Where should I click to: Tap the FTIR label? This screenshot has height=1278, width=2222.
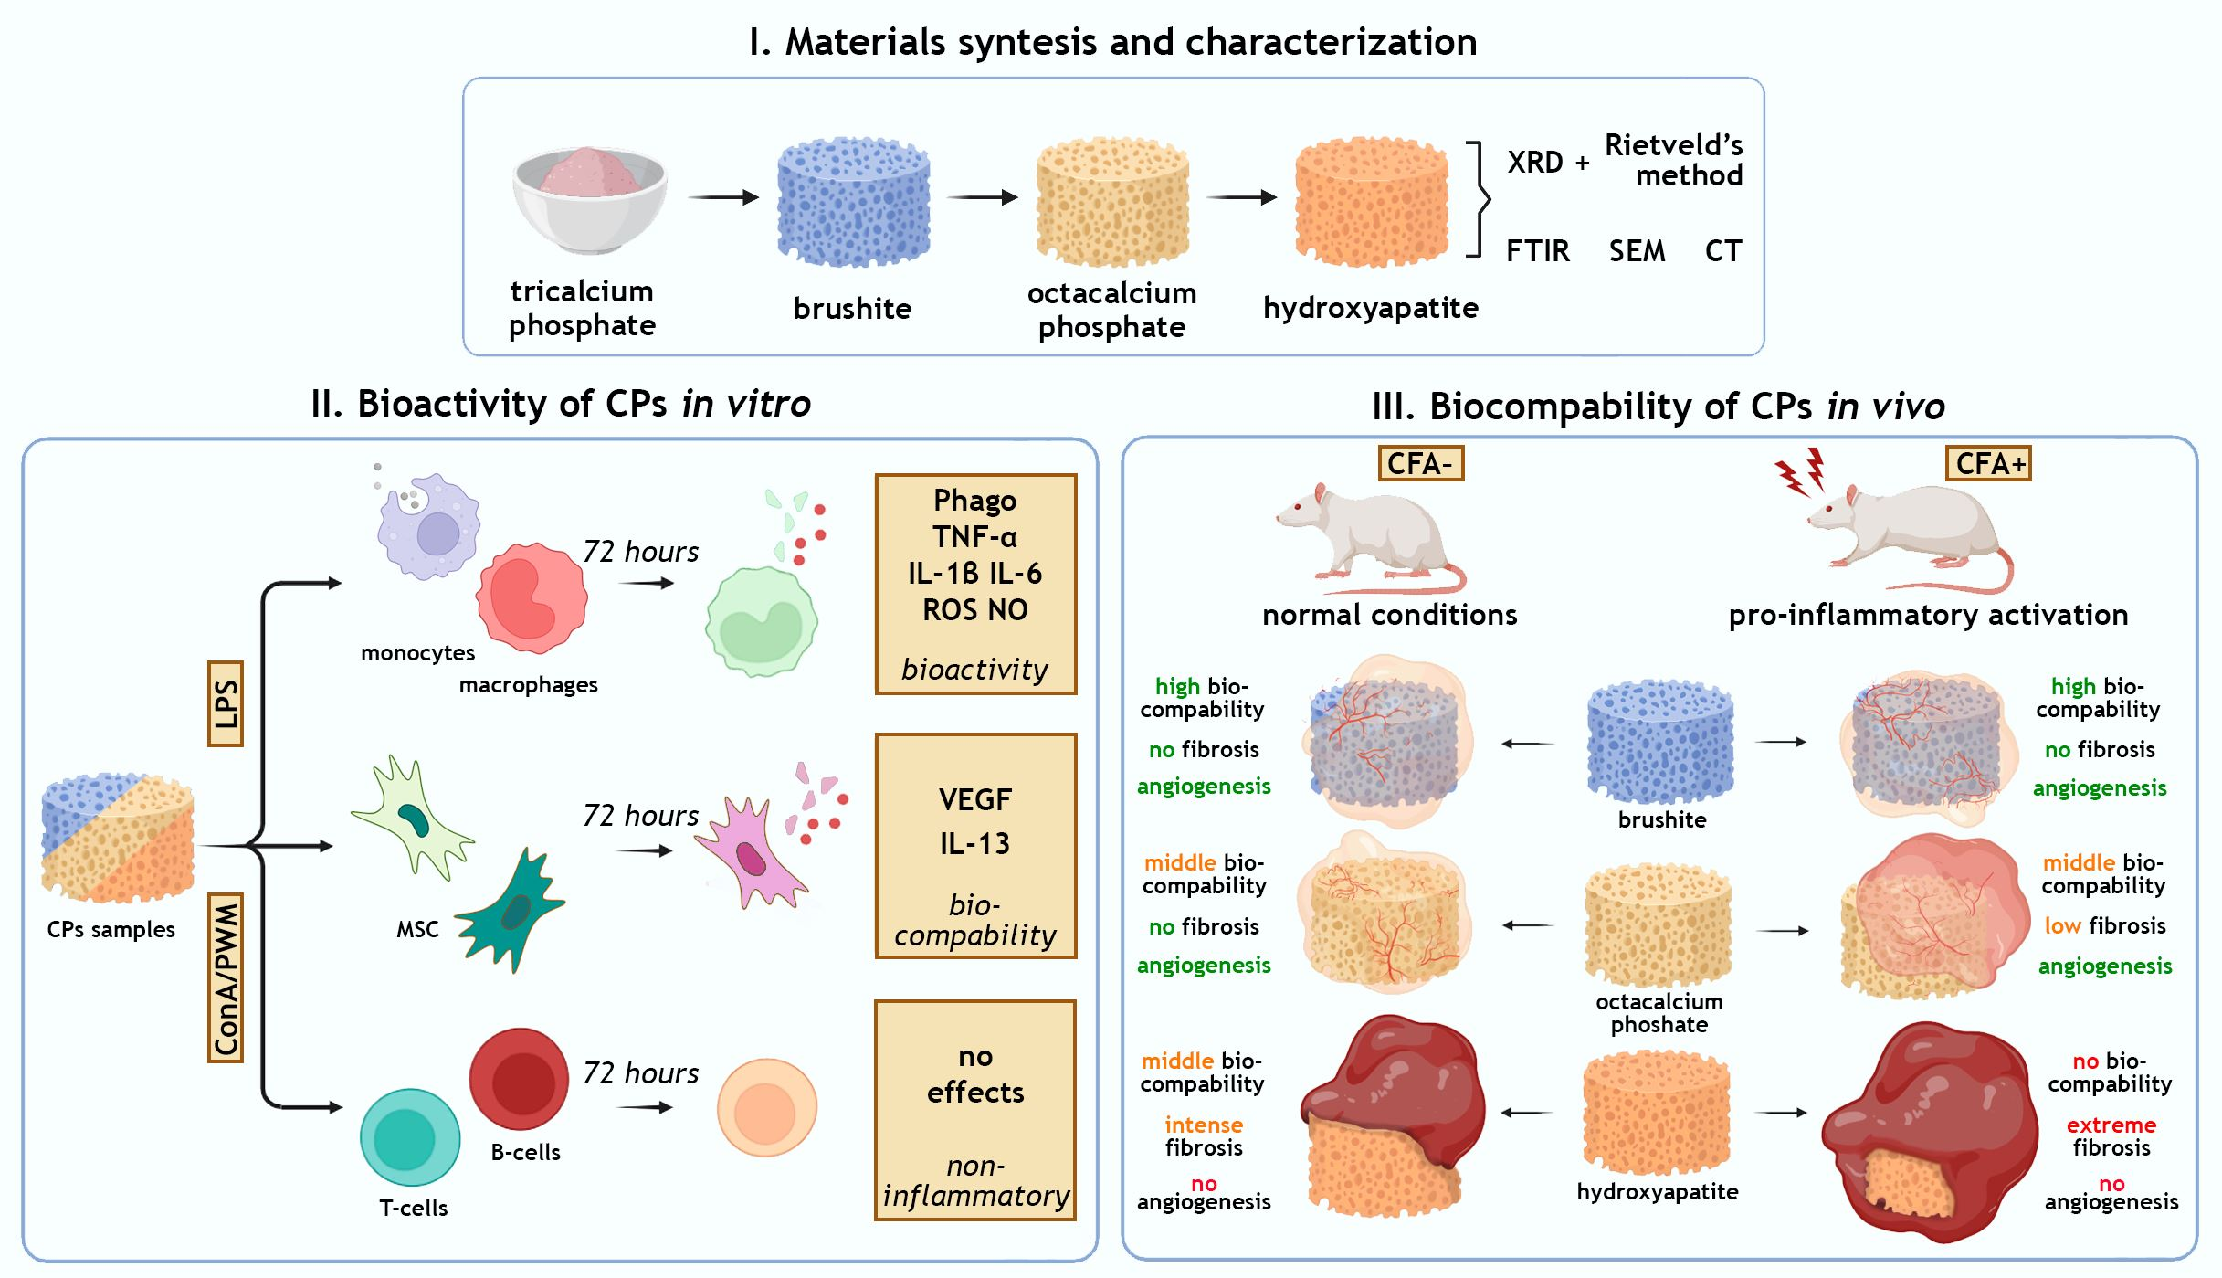click(1537, 251)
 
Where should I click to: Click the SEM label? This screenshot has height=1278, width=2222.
click(1637, 251)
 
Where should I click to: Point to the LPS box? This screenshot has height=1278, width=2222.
click(226, 703)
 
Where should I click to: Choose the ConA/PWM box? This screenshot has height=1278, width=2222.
click(226, 977)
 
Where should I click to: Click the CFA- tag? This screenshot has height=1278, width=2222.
click(1420, 463)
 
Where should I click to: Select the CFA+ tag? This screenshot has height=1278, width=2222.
click(1989, 463)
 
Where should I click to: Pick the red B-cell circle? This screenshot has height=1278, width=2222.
click(519, 1078)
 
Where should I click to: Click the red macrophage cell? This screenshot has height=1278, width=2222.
click(531, 598)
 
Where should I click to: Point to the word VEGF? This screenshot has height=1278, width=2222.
click(974, 800)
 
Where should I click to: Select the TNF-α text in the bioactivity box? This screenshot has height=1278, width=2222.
click(974, 537)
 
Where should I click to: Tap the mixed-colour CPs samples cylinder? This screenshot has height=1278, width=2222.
click(118, 839)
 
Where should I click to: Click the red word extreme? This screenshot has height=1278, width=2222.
click(2111, 1125)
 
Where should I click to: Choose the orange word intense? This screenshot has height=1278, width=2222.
click(1203, 1125)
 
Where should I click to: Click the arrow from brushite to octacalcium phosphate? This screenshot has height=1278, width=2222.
click(982, 197)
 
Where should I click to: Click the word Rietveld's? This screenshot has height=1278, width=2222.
click(1673, 145)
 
